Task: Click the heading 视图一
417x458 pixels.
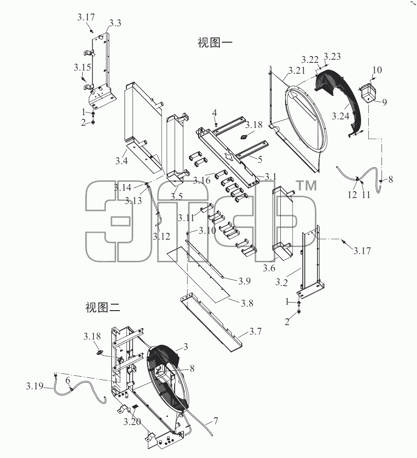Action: point(215,42)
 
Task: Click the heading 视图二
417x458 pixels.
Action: point(102,307)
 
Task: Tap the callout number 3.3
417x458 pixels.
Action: point(115,23)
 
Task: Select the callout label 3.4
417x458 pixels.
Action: point(121,161)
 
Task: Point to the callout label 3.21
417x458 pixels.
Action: point(297,70)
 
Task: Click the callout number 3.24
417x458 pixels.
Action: point(340,116)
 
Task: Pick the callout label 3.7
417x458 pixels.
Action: point(255,331)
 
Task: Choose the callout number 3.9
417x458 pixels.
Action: point(244,281)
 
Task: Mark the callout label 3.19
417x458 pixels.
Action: point(35,386)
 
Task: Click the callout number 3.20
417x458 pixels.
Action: point(132,421)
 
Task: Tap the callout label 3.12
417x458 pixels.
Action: point(161,236)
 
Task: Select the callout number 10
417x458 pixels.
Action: point(377,70)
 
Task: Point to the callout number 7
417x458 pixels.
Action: point(216,421)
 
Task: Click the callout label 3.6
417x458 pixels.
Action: point(269,268)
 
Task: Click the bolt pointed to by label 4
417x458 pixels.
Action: point(216,124)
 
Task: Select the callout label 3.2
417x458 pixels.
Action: point(282,283)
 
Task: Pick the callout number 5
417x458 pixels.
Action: point(260,159)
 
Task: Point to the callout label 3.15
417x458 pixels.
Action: point(82,67)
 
